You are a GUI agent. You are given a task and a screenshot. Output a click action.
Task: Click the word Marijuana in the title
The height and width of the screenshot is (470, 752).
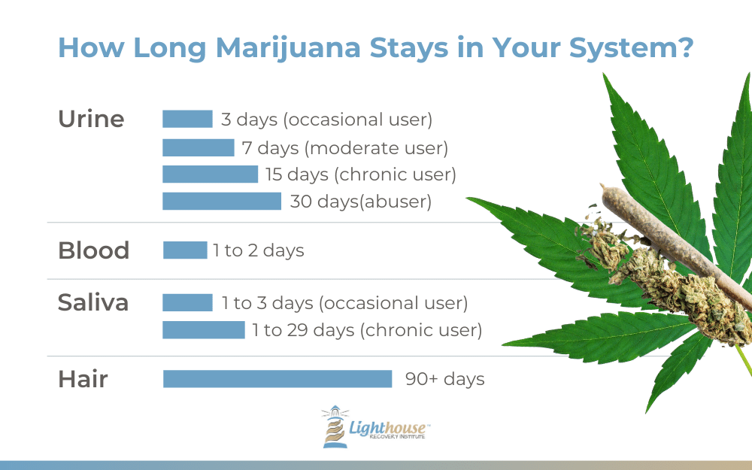287,48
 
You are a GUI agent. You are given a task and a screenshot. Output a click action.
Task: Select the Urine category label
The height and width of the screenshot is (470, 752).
91,119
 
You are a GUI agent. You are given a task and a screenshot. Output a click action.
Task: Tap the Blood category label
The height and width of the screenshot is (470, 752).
93,250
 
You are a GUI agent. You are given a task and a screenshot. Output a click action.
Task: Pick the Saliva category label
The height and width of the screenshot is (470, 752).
93,302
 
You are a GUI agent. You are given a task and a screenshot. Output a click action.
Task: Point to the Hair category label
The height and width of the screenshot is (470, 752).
83,379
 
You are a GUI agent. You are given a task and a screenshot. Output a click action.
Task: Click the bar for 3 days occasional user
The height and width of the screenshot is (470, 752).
187,119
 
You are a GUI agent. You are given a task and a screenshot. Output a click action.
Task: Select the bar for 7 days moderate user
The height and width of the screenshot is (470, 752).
198,147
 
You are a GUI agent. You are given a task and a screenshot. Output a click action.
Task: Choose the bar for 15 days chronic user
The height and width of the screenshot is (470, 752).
210,174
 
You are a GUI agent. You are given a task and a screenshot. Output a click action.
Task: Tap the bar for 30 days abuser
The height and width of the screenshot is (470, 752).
222,201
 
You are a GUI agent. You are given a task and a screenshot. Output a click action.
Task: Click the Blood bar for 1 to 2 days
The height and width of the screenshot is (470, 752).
185,250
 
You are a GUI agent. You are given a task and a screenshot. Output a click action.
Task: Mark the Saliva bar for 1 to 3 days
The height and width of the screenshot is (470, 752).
187,302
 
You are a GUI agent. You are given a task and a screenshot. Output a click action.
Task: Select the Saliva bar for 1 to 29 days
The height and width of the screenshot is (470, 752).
204,330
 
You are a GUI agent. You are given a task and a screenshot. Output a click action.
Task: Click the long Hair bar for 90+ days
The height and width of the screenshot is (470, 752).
277,379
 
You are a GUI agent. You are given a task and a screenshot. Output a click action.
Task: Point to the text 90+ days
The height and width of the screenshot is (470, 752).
445,379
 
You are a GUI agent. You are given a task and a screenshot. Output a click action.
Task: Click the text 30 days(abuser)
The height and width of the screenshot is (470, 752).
361,202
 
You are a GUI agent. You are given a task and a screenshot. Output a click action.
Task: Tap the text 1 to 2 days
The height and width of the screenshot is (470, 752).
259,250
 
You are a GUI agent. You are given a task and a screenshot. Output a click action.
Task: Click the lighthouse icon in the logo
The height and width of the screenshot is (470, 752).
335,426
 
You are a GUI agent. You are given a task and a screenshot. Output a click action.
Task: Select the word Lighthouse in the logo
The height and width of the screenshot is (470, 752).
387,427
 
